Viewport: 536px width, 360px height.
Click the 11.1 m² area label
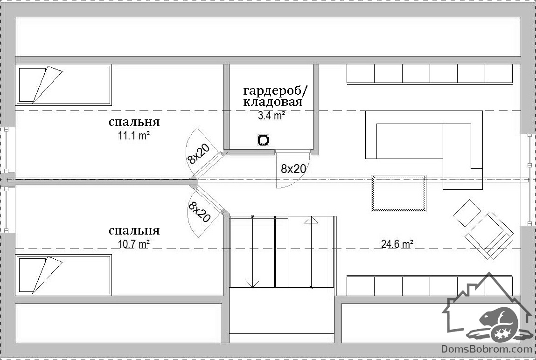click(x=134, y=136)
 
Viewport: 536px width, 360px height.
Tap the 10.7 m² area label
click(x=134, y=244)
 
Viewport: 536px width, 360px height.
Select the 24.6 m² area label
click(x=397, y=244)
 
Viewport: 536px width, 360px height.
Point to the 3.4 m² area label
click(x=271, y=116)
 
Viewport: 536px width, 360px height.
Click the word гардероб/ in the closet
click(x=276, y=91)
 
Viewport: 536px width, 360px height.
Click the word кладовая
click(x=273, y=102)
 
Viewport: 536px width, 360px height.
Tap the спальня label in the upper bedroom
click(x=134, y=122)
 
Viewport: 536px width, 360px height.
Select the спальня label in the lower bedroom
click(x=134, y=230)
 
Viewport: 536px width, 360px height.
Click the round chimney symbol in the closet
click(x=263, y=140)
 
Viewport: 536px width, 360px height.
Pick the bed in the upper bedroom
click(x=63, y=85)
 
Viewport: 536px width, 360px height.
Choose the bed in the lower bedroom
click(x=63, y=275)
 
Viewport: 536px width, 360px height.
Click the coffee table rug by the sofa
click(x=398, y=194)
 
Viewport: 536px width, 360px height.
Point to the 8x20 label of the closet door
click(x=293, y=169)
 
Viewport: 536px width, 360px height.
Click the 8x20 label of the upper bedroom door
click(x=198, y=154)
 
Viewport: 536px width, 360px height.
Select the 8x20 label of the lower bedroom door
click(x=199, y=212)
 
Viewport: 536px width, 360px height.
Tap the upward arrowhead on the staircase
click(x=311, y=220)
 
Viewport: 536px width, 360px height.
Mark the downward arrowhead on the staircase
click(x=252, y=284)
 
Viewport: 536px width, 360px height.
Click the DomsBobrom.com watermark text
click(x=487, y=349)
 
